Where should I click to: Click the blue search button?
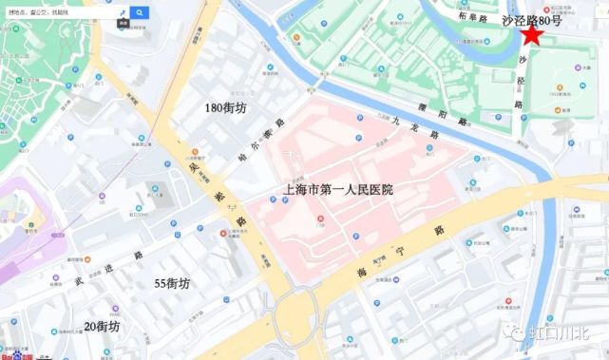click(140, 12)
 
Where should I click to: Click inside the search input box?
click(57, 12)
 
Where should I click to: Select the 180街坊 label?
click(225, 108)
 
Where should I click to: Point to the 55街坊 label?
click(173, 283)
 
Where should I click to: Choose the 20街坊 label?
click(102, 326)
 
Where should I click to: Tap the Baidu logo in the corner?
click(13, 355)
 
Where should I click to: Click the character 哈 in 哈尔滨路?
click(245, 160)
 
